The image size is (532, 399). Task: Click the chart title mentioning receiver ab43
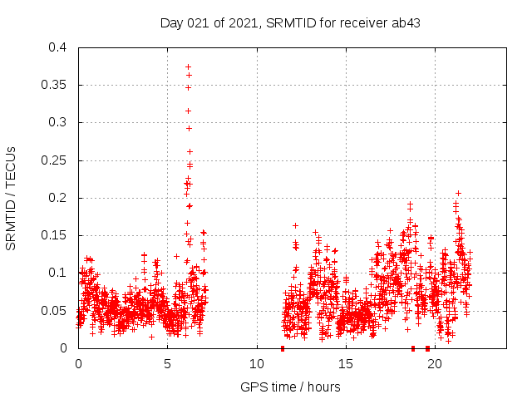290,22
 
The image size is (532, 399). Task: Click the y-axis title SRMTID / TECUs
12,198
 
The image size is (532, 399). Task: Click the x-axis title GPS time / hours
290,387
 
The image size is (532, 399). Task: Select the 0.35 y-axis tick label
56,85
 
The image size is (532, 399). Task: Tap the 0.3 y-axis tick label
59,122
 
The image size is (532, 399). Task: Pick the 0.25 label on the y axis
56,160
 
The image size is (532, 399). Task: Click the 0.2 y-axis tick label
59,198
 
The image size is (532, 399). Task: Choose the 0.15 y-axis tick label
56,235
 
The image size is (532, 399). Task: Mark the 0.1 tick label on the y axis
59,273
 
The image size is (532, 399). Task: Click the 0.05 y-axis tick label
56,311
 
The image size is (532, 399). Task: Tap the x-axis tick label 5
167,364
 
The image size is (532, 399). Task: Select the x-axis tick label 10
256,364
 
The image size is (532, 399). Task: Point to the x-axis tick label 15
346,364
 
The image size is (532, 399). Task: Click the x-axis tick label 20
435,364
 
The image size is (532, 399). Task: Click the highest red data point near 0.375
189,66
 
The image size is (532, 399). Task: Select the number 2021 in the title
243,22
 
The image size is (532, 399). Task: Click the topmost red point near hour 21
458,193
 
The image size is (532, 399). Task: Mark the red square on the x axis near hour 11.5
283,348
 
